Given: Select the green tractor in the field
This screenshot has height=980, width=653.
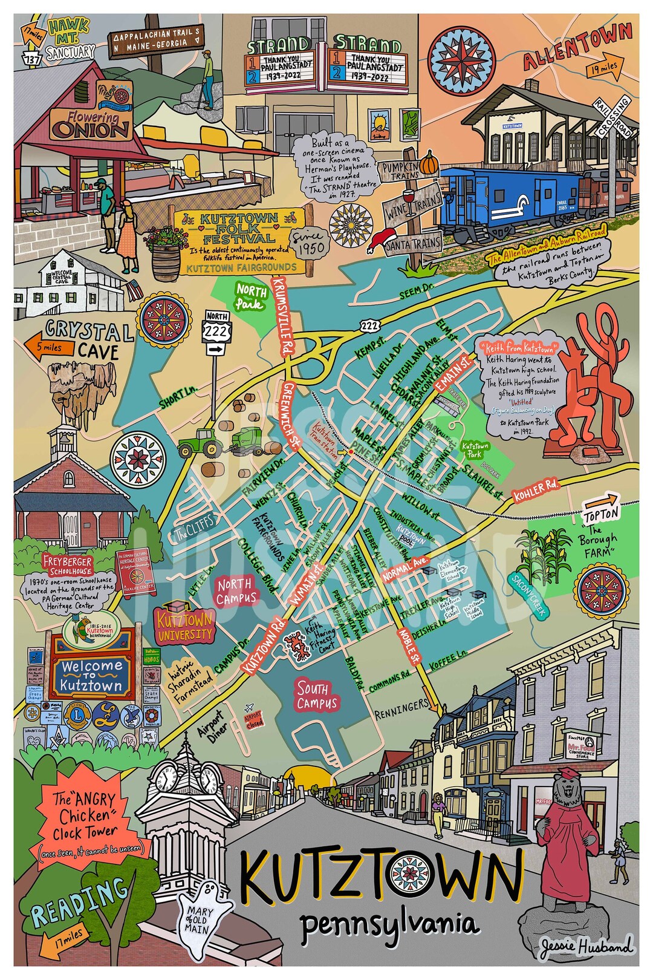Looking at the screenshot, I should [x=199, y=442].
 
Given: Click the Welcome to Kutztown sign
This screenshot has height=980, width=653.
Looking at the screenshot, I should [x=91, y=675].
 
